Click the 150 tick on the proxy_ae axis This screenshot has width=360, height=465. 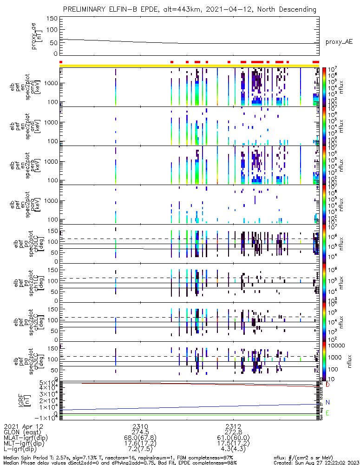pyautogui.click(x=52, y=19)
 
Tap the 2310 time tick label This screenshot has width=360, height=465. pyautogui.click(x=140, y=426)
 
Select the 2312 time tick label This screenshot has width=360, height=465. pyautogui.click(x=233, y=426)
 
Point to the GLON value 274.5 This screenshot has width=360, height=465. pyautogui.click(x=140, y=432)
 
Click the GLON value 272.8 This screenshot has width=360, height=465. pyautogui.click(x=233, y=432)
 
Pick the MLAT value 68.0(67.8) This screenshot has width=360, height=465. pyautogui.click(x=140, y=438)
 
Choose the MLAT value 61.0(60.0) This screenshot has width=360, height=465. pyautogui.click(x=233, y=438)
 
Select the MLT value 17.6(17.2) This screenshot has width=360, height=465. pyautogui.click(x=140, y=444)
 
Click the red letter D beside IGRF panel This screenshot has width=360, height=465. pyautogui.click(x=327, y=385)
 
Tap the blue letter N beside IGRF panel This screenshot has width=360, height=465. pyautogui.click(x=327, y=402)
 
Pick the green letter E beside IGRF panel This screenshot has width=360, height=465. pyautogui.click(x=327, y=413)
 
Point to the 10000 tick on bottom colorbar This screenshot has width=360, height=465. pyautogui.click(x=334, y=346)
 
